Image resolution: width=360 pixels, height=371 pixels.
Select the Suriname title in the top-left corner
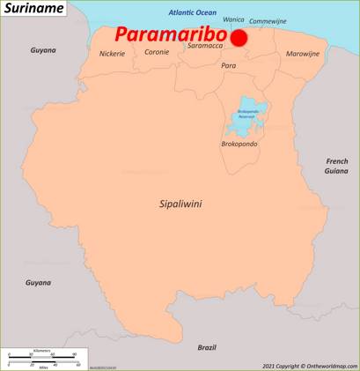pyautogui.click(x=33, y=8)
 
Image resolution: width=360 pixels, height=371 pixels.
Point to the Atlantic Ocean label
pyautogui.click(x=192, y=13)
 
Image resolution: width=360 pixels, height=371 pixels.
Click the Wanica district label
pyautogui.click(x=234, y=19)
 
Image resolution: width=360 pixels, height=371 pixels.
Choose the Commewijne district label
pyautogui.click(x=268, y=21)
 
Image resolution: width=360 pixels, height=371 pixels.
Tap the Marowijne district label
pyautogui.click(x=303, y=55)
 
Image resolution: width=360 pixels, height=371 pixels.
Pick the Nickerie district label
pyautogui.click(x=112, y=54)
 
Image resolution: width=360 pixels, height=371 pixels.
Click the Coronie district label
pyautogui.click(x=157, y=53)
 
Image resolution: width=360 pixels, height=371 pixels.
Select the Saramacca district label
pyautogui.click(x=205, y=46)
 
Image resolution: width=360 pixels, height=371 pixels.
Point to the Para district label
pyautogui.click(x=229, y=66)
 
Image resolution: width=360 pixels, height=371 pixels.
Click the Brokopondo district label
pyautogui.click(x=239, y=144)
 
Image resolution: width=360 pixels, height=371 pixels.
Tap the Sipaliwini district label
pyautogui.click(x=180, y=204)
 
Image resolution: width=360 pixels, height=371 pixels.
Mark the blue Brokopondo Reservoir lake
pyautogui.click(x=247, y=115)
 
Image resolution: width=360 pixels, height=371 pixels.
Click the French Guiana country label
pyautogui.click(x=337, y=166)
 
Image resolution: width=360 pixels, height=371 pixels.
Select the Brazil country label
pyautogui.click(x=207, y=347)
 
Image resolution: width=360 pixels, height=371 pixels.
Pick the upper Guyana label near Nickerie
pyautogui.click(x=43, y=50)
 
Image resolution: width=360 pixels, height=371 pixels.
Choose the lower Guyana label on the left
pyautogui.click(x=38, y=283)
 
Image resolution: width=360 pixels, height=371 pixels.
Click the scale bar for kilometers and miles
pyautogui.click(x=43, y=358)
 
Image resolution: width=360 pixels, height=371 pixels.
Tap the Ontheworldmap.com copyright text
pyautogui.click(x=310, y=366)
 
